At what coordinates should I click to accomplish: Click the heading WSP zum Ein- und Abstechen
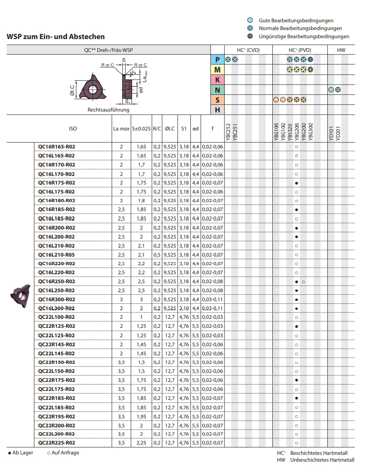56,37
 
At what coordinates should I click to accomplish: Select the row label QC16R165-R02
57,147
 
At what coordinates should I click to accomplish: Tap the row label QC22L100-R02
57,317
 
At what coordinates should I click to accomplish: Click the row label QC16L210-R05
57,254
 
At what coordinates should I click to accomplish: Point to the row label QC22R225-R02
57,443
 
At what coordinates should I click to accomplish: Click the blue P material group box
217,60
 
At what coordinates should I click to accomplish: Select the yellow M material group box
217,70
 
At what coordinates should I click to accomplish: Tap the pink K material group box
217,80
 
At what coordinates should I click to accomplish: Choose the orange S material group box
217,100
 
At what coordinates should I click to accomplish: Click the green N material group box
217,90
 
